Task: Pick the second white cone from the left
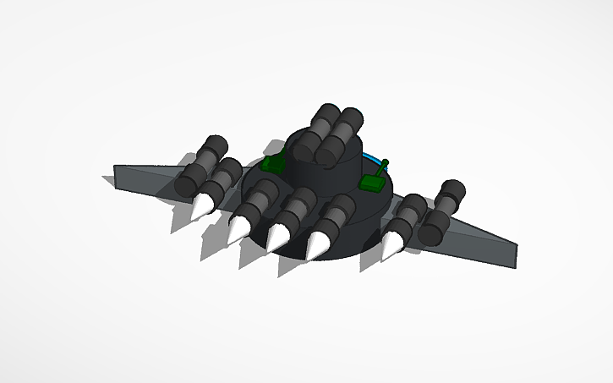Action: [239, 226]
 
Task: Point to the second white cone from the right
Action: [318, 244]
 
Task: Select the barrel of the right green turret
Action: [381, 167]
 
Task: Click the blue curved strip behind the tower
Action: [371, 157]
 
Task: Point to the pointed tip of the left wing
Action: [116, 174]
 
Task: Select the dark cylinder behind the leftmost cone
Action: [222, 178]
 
